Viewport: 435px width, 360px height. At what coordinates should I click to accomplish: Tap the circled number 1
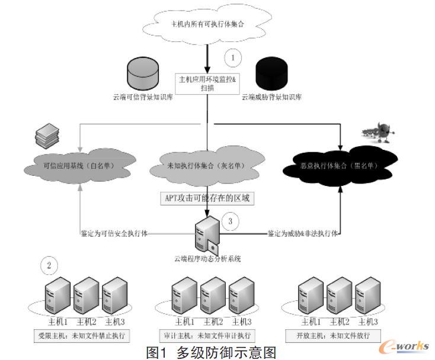tap(233, 58)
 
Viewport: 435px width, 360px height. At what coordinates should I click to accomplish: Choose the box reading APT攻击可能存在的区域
tap(207, 198)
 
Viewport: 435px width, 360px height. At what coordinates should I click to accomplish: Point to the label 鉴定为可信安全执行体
tap(114, 233)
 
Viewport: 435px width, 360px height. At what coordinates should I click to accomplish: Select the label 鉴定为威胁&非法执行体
tap(302, 233)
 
